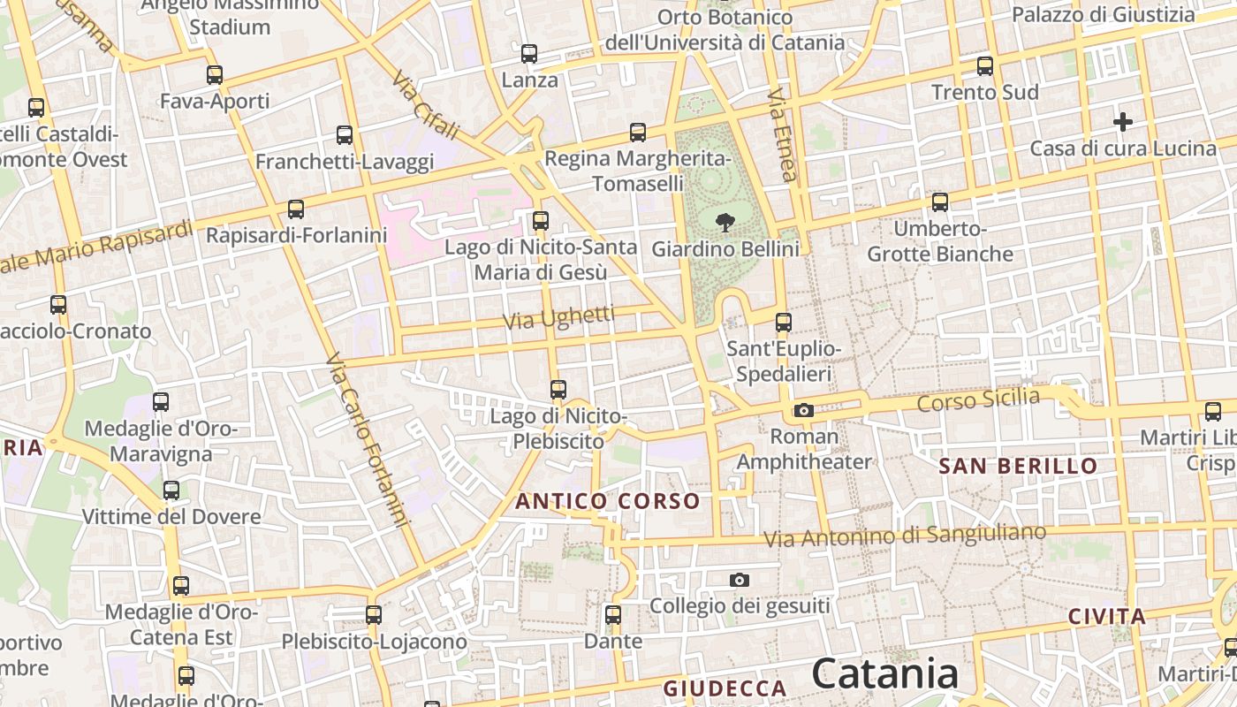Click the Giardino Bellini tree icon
pos(725,222)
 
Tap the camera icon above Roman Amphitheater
pos(803,410)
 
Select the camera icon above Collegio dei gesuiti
pos(740,580)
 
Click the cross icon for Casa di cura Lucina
pos(1123,121)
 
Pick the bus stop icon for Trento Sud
pos(985,66)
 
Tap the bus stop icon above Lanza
pos(529,54)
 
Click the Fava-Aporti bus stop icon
pos(215,75)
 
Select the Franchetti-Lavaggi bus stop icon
pos(345,135)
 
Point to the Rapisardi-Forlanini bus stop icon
pos(296,209)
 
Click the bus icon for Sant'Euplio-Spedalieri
pos(784,323)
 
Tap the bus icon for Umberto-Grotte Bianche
pos(940,202)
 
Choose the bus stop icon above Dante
pos(613,614)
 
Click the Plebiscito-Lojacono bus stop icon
pos(374,614)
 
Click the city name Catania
pos(885,673)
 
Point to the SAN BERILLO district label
pos(1018,466)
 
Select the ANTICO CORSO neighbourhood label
pos(608,501)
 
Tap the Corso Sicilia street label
pos(978,399)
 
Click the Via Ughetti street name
pos(559,317)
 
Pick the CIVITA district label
pos(1106,616)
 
